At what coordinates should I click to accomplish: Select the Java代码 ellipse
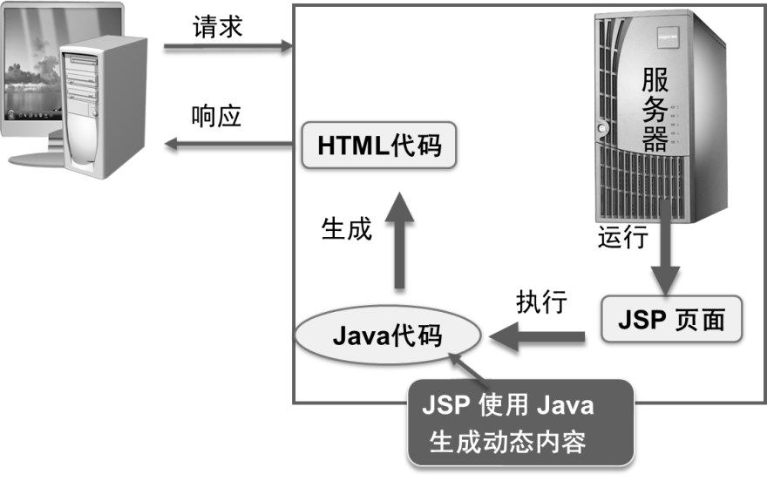click(388, 335)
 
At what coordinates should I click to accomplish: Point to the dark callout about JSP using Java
click(520, 423)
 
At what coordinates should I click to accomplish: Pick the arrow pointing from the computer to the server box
click(227, 44)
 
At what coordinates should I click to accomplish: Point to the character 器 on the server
click(657, 138)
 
